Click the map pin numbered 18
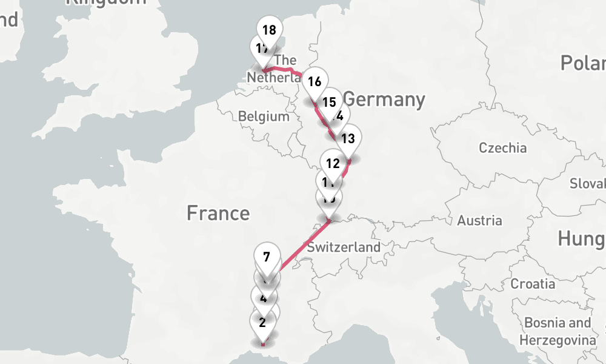coord(270,30)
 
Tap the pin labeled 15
coord(330,101)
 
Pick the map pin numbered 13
coord(348,138)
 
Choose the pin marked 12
coord(332,163)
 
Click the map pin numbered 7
coord(267,257)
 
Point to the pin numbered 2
coord(262,322)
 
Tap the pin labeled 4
coord(263,298)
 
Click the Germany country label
coord(384,99)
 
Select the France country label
coord(218,213)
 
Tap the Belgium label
coord(264,116)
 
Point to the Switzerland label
coord(343,247)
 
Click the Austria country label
coord(479,220)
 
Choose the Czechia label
coord(502,147)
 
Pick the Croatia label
coord(533,283)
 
